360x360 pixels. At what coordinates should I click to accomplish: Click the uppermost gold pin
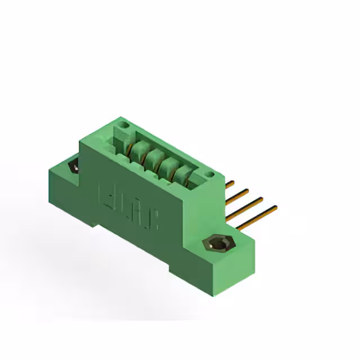229,184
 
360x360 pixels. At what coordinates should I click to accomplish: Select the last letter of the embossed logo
153,220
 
